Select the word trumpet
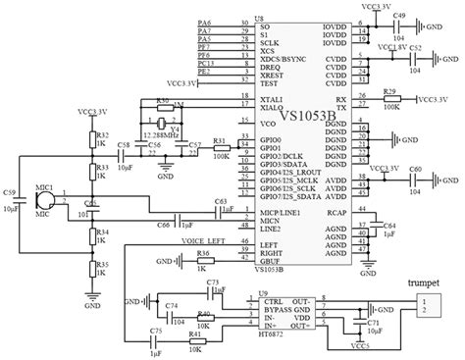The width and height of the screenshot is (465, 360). coord(426,281)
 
